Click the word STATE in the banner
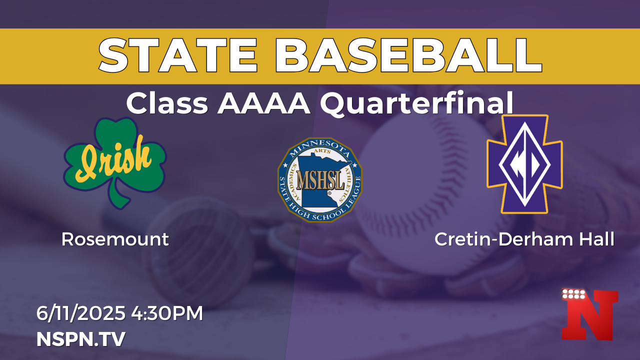point(177,55)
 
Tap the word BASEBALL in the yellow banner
point(408,55)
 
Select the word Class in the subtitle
point(167,103)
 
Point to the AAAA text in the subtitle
point(263,103)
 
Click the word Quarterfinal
point(416,103)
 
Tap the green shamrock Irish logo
point(115,163)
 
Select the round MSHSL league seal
point(320,180)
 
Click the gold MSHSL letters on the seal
point(320,180)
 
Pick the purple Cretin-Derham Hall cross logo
point(524,164)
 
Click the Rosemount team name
point(115,239)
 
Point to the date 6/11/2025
point(80,313)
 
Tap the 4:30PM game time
point(167,313)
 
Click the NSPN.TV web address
point(81,339)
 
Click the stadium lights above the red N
point(573,294)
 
